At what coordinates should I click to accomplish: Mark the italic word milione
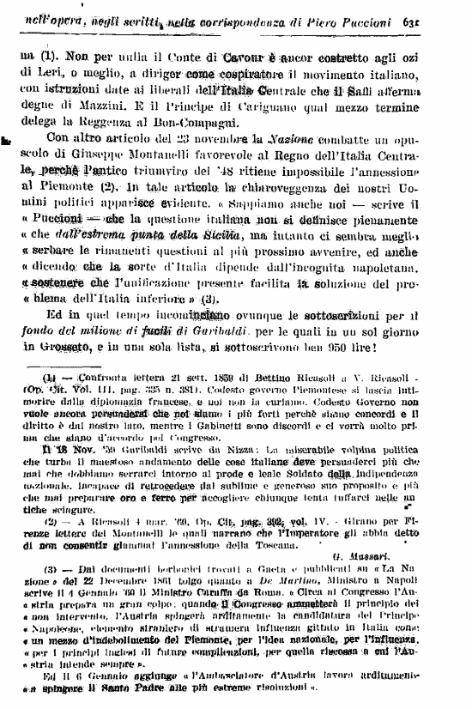pos(95,330)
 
